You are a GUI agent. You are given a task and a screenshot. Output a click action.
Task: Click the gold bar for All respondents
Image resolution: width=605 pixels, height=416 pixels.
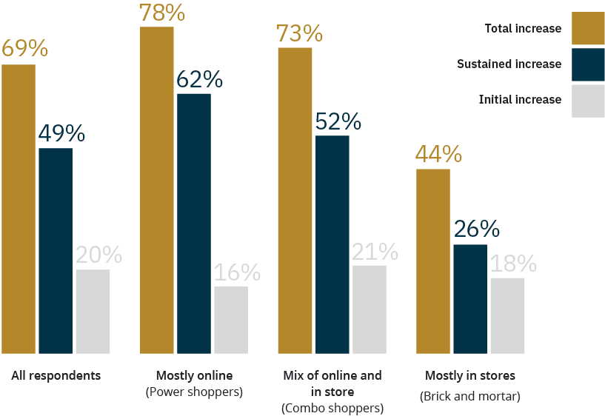coord(19,209)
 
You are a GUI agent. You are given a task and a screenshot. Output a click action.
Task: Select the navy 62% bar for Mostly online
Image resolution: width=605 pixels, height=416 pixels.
coord(194,224)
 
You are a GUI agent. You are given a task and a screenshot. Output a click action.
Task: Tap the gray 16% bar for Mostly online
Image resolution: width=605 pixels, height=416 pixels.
coord(231,320)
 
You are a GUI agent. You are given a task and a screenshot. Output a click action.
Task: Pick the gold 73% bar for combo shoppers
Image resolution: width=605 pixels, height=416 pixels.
coord(295,201)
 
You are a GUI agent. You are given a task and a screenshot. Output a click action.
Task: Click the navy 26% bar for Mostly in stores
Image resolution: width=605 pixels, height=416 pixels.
coord(470,299)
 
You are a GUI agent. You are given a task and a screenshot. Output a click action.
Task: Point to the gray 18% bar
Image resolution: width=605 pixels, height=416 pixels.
coord(507,316)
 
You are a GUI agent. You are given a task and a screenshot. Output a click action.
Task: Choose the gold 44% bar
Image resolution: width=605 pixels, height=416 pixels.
coord(433,261)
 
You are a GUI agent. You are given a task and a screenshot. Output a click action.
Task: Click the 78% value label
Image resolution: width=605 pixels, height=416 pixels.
coord(162,13)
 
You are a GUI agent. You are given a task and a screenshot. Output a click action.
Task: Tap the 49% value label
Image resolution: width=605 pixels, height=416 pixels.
coord(61,133)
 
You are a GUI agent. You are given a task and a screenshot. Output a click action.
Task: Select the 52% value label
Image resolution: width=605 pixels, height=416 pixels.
coord(338,121)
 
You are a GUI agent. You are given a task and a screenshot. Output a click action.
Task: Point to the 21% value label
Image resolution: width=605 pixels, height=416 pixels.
coord(375,252)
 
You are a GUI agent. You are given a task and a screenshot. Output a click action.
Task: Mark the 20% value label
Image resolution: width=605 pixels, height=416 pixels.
coord(98,255)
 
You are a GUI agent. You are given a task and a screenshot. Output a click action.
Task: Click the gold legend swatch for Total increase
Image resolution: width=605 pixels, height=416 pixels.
coord(588,28)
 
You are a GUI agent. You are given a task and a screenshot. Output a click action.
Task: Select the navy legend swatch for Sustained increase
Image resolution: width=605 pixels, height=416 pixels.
coord(588,64)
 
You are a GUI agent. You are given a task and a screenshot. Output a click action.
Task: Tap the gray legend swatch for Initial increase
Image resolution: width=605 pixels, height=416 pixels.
coord(588,101)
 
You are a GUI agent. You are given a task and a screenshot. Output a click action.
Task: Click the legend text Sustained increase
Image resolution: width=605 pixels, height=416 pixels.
coord(509,64)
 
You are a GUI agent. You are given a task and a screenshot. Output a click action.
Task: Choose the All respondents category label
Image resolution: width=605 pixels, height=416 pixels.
coord(56,375)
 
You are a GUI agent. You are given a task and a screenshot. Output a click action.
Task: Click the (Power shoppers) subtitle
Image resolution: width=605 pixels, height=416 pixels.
coord(194,392)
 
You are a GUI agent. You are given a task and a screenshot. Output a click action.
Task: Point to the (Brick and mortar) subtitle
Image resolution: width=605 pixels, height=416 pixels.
coord(470,396)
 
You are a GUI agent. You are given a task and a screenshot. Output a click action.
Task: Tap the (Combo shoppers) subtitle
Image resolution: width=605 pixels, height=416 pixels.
coord(332,409)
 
